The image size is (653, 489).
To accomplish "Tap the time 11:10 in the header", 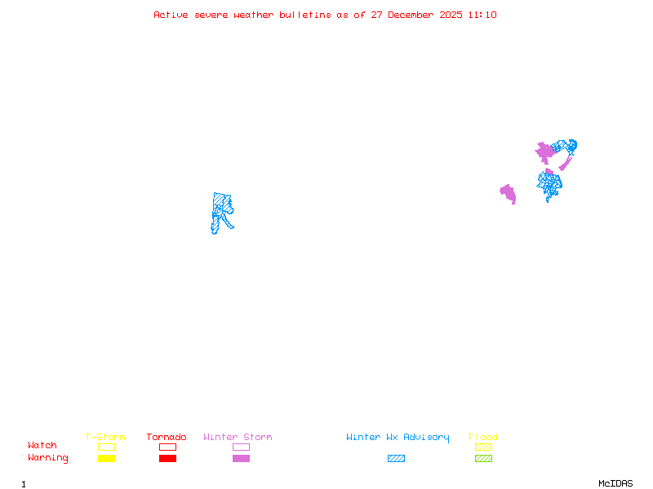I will [x=482, y=15].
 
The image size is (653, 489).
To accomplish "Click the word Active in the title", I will [x=171, y=15].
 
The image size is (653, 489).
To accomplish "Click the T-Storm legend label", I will [x=105, y=438].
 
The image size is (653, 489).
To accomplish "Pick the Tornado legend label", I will [x=167, y=438].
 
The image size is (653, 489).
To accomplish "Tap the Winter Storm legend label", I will [x=238, y=438].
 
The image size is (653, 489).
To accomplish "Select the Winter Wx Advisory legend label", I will [x=398, y=438].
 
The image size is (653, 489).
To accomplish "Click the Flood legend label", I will [x=483, y=438].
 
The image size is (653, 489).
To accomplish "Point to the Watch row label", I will [x=42, y=446].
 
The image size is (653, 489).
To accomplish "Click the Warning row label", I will [x=48, y=458].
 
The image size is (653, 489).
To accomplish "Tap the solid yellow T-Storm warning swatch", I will [x=106, y=459].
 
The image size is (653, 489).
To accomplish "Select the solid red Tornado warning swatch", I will [x=167, y=459].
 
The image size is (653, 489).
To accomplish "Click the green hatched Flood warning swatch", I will [x=483, y=459].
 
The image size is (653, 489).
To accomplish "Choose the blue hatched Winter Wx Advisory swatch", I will [x=396, y=459].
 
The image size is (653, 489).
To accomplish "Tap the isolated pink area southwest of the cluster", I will [x=509, y=193].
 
